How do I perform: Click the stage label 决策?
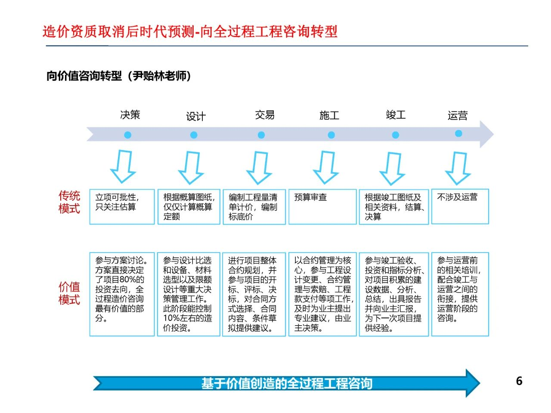click(130, 114)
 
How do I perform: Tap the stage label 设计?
click(196, 116)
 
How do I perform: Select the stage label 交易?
click(265, 115)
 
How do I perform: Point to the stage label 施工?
click(329, 115)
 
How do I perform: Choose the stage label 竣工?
click(396, 114)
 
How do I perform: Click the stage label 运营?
click(457, 116)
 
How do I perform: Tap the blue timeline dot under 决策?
click(128, 135)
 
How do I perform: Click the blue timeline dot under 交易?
click(261, 135)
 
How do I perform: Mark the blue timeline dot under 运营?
click(458, 133)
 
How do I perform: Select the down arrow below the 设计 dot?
click(191, 167)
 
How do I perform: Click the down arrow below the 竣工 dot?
click(392, 169)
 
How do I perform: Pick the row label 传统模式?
click(69, 202)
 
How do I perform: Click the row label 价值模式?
click(69, 293)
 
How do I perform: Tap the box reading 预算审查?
click(322, 206)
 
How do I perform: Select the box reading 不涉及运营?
click(460, 206)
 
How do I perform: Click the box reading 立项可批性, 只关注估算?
click(122, 206)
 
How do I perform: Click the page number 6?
click(519, 381)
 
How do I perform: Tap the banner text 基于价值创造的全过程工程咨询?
click(287, 383)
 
